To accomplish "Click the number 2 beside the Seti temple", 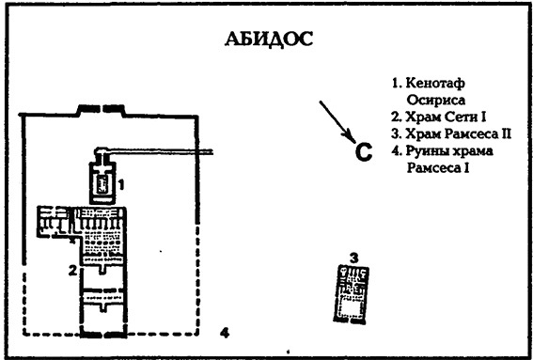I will pos(71,273).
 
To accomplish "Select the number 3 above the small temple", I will pos(353,258).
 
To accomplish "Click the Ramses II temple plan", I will pos(353,291).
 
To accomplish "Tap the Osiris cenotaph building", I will pos(102,179).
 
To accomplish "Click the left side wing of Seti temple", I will pos(53,224).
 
